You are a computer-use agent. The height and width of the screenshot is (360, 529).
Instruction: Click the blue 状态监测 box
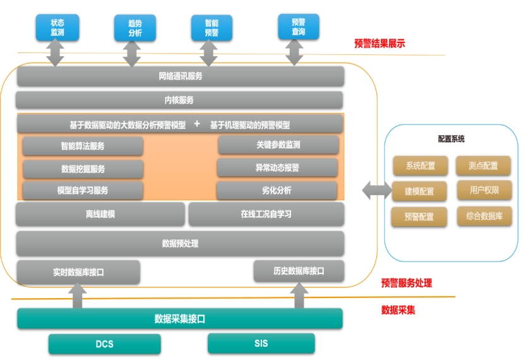(x=57, y=27)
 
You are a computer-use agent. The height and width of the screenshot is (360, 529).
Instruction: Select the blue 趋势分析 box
(x=134, y=28)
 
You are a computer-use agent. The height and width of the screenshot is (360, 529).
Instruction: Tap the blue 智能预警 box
(x=211, y=28)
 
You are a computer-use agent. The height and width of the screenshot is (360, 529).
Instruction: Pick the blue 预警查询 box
(x=299, y=27)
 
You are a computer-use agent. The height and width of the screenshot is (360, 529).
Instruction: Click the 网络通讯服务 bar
(x=181, y=76)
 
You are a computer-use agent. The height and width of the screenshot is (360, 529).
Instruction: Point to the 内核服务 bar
(x=179, y=100)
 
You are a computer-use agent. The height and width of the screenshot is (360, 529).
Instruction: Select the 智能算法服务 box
(x=83, y=146)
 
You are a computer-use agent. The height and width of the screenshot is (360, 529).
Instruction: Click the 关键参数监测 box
(x=278, y=145)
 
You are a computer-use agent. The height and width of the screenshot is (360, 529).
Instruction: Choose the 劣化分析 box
(x=276, y=190)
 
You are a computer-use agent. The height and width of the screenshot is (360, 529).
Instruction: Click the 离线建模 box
(x=100, y=214)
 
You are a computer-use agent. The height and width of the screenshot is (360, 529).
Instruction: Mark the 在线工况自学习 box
(x=266, y=214)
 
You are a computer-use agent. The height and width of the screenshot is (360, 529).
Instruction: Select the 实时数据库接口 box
(x=78, y=272)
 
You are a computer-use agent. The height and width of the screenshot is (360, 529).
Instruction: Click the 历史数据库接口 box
(x=299, y=271)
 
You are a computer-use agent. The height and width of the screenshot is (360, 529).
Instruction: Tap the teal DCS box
(x=105, y=344)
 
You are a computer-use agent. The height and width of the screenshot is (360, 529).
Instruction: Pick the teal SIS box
(x=261, y=344)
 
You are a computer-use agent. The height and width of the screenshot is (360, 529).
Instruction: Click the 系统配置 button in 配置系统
(x=420, y=166)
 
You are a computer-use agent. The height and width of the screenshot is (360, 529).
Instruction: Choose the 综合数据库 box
(x=485, y=216)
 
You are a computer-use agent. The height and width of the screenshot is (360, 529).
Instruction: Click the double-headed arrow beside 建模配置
(x=377, y=189)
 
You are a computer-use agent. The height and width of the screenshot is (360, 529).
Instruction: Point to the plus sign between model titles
(x=197, y=124)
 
